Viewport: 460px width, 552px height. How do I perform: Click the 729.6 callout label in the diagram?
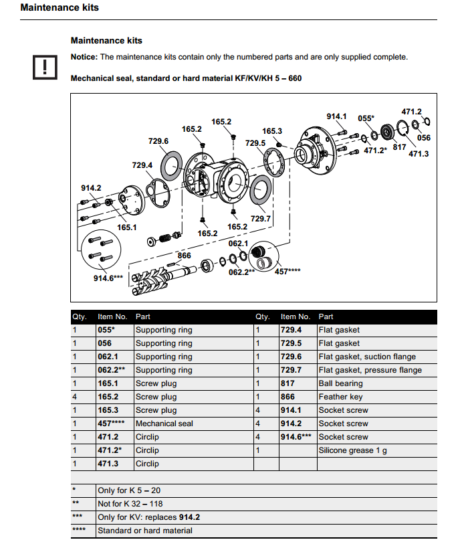click(158, 141)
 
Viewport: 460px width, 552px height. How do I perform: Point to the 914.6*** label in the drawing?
click(108, 278)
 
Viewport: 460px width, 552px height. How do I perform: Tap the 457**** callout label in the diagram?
click(287, 272)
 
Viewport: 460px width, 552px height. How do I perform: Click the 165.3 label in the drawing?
click(271, 131)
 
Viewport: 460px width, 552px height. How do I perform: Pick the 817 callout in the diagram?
click(399, 147)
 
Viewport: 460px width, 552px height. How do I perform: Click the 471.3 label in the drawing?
click(419, 154)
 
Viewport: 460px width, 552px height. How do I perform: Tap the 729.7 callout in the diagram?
click(260, 219)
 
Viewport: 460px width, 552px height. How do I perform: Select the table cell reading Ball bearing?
click(340, 383)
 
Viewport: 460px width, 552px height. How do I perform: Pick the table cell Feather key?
click(340, 397)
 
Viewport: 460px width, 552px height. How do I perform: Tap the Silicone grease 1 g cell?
click(352, 450)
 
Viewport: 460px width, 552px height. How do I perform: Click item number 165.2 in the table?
click(108, 397)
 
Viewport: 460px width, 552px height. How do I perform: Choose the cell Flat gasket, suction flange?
click(367, 357)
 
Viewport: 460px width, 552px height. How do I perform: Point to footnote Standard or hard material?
click(144, 531)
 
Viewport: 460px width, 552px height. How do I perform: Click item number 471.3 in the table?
click(108, 464)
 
